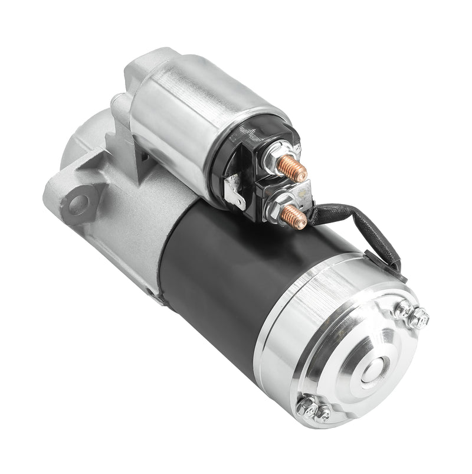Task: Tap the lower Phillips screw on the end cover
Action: (323, 415)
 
